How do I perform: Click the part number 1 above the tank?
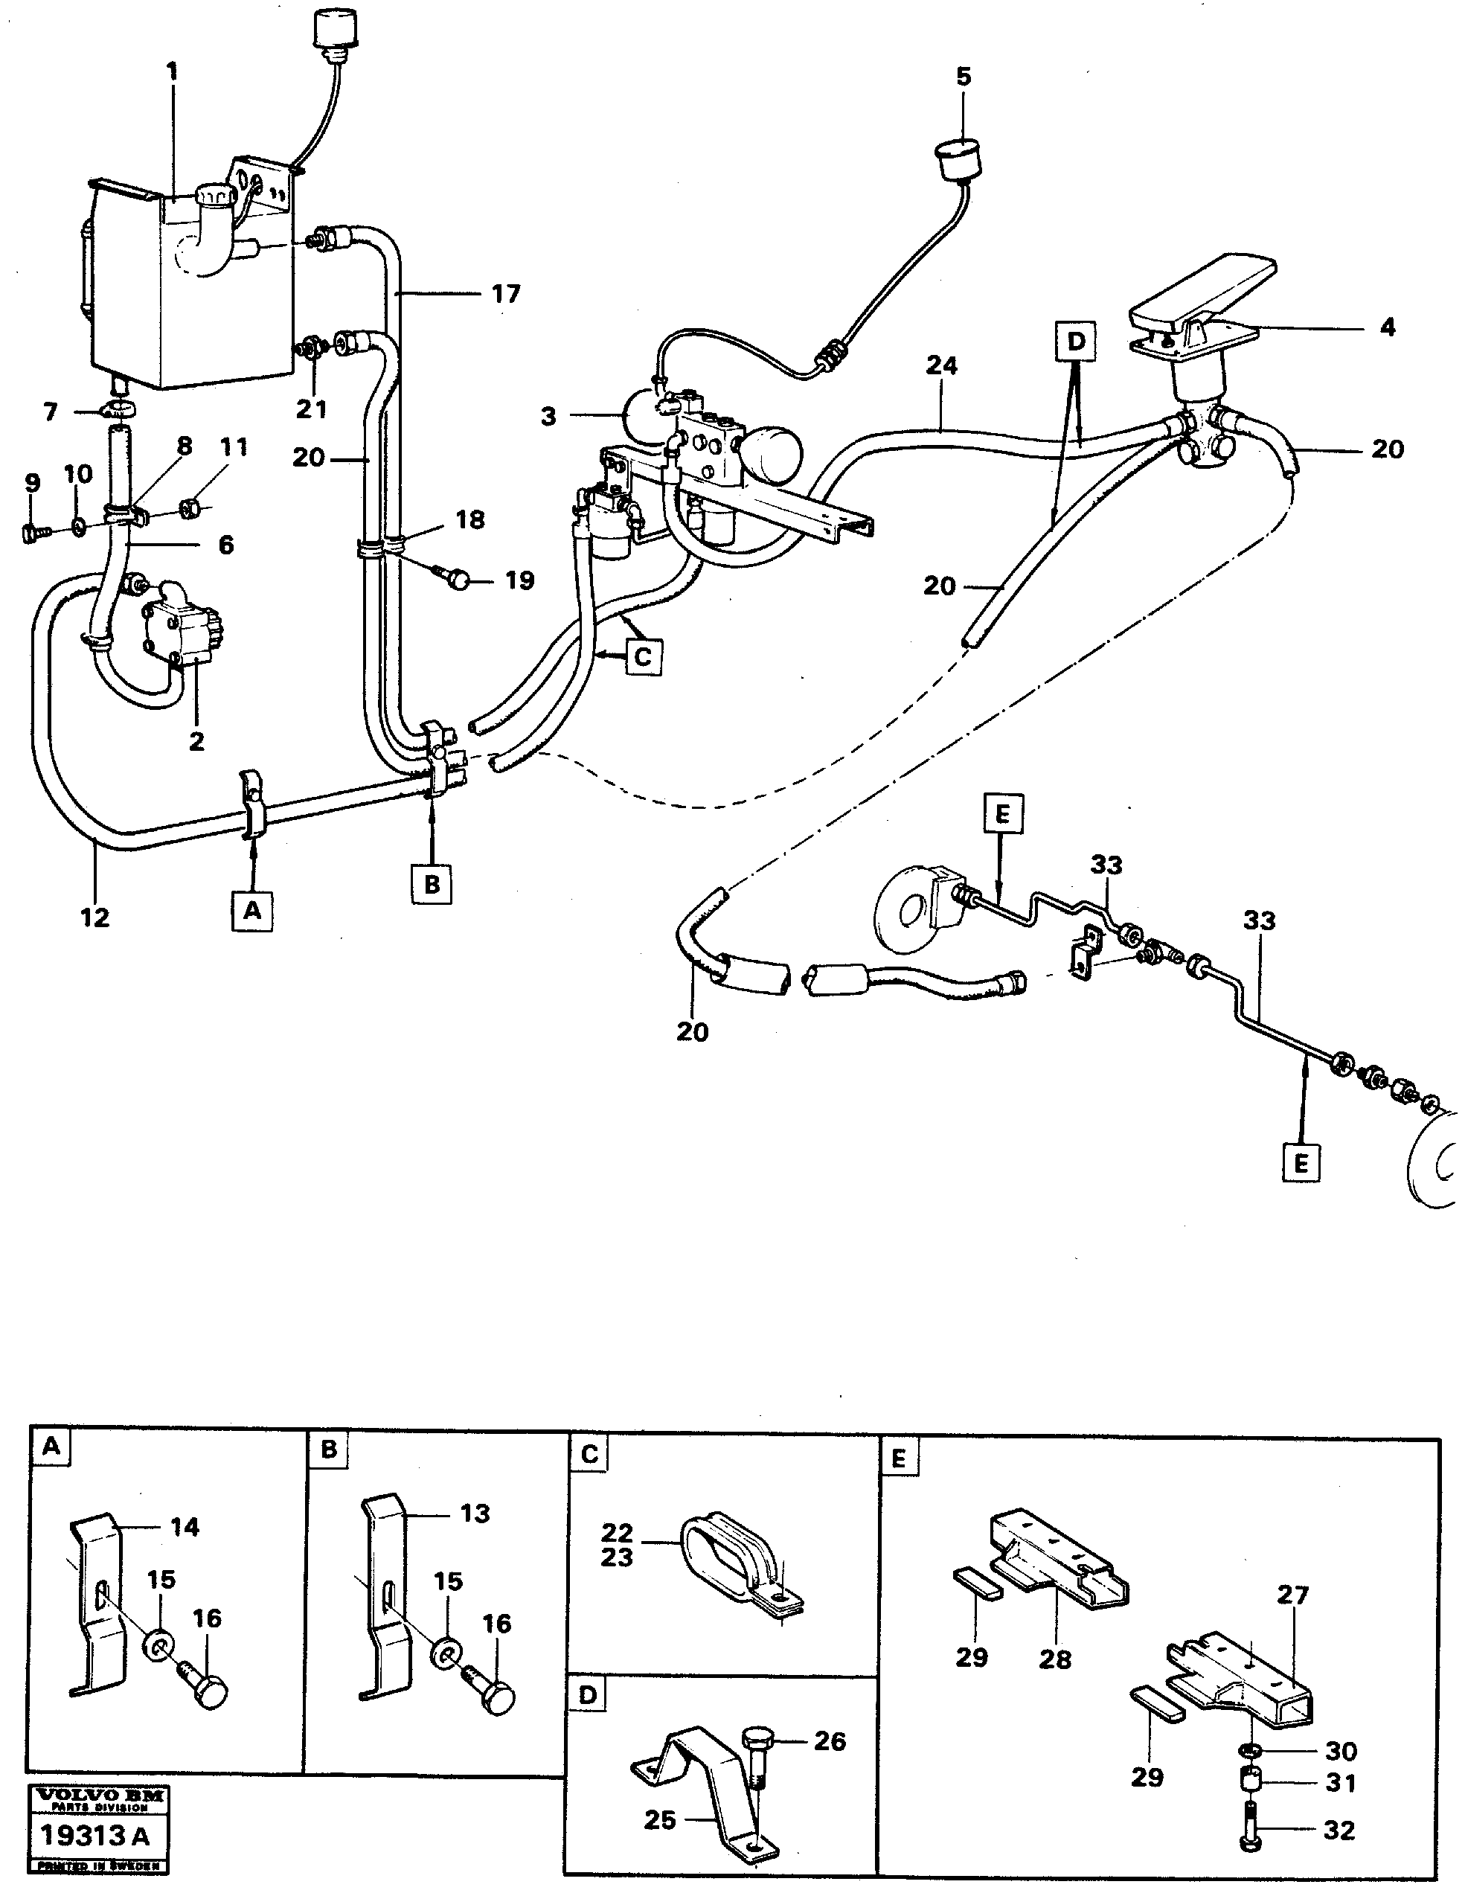[172, 71]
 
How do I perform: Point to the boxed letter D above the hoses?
[1075, 342]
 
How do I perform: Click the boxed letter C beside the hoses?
[642, 656]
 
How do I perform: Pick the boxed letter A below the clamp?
[251, 911]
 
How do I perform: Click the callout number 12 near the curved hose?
[95, 917]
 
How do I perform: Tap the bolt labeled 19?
[461, 580]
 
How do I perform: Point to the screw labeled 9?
[31, 532]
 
